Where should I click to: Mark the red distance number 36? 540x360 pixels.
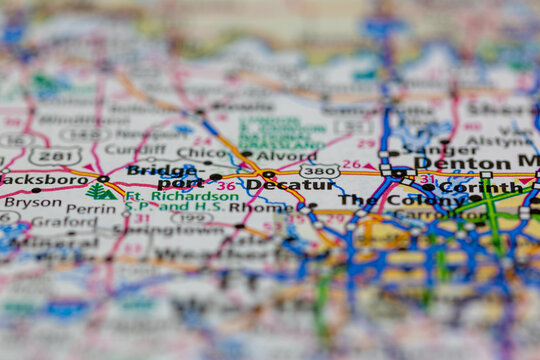coord(226,186)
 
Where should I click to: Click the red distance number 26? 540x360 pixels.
coord(351,164)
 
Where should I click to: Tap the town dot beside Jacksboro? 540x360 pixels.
coord(102,179)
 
